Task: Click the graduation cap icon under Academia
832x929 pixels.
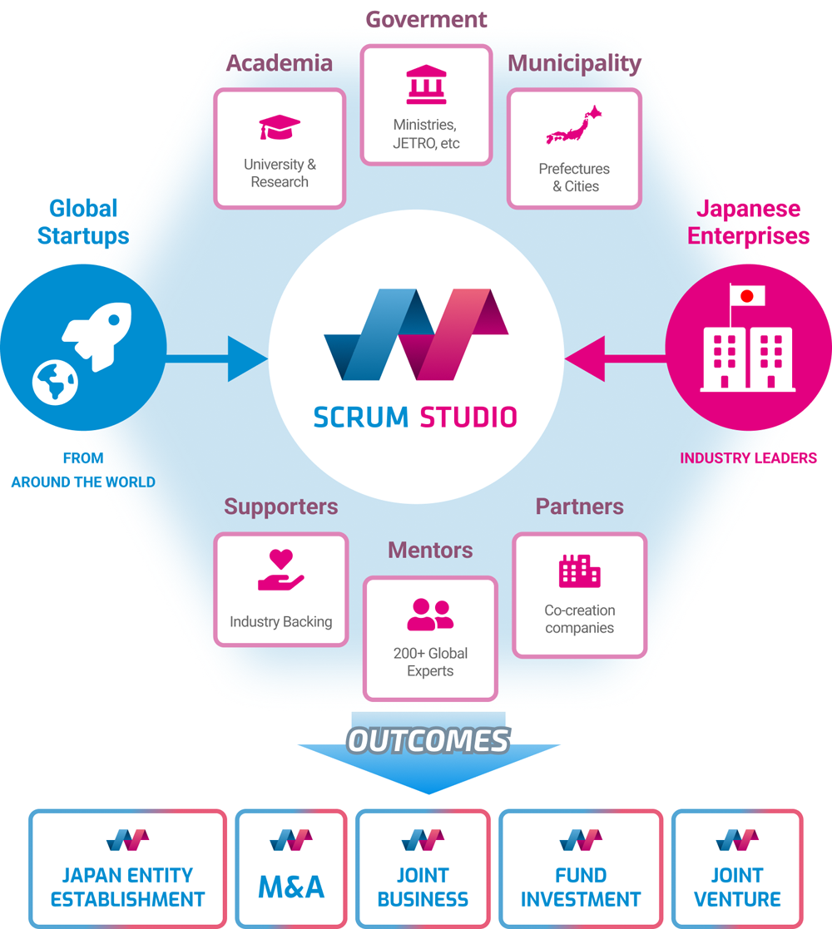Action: (280, 127)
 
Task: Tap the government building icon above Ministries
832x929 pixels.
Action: (426, 85)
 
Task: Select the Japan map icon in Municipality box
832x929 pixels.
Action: (573, 125)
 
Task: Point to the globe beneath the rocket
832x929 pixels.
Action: (55, 382)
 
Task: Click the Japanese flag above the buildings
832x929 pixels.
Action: (746, 295)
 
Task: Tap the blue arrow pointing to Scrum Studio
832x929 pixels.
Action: (217, 358)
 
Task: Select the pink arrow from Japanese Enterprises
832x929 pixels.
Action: (615, 358)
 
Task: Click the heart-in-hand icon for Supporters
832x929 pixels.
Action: (281, 570)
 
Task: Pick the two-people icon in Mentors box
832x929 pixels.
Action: (430, 615)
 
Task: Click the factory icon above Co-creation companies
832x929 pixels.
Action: (580, 571)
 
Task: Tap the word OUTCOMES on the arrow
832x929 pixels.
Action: (428, 740)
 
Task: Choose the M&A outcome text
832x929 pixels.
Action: (291, 887)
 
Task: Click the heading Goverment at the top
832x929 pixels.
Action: (426, 20)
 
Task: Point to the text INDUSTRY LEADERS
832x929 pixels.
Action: (748, 458)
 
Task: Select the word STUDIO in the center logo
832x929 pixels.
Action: (468, 418)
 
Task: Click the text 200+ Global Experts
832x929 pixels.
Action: (430, 662)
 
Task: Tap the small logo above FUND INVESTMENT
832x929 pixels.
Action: (581, 840)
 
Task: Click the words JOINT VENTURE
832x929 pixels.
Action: (737, 887)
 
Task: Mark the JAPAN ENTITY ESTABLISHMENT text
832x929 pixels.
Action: (127, 887)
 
